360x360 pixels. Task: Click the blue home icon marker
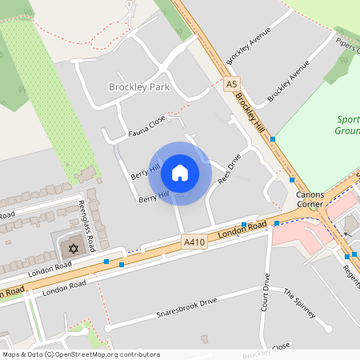(x=180, y=172)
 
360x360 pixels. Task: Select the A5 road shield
(x=232, y=84)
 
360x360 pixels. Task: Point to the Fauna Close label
(x=146, y=124)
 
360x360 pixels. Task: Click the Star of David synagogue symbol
(x=74, y=249)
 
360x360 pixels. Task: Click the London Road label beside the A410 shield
(x=241, y=230)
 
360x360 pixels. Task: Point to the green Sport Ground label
(x=346, y=125)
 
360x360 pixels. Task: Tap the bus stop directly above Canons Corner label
(x=292, y=180)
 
